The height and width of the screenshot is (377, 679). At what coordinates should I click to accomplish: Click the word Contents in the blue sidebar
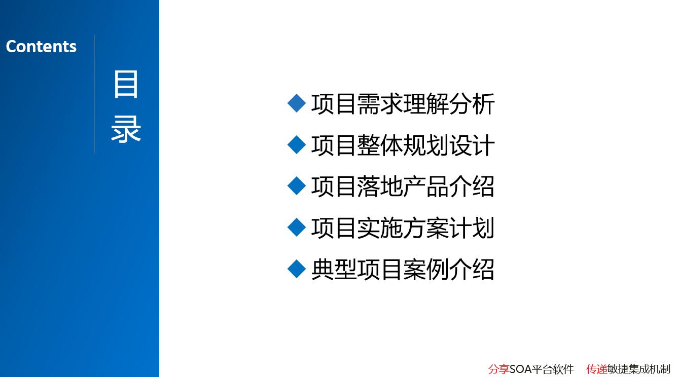pos(41,47)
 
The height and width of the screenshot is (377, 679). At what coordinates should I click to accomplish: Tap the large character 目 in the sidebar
pos(126,85)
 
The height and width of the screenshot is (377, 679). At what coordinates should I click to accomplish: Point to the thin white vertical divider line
pos(94,94)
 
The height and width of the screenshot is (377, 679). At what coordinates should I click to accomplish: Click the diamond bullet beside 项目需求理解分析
pos(296,103)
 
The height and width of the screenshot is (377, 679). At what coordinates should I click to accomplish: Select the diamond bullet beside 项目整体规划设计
pos(296,144)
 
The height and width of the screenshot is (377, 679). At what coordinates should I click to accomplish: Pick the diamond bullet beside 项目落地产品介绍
pos(296,186)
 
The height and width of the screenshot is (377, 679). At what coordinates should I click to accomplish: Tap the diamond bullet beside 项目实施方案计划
pos(296,227)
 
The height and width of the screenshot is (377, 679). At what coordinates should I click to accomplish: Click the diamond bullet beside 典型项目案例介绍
pos(296,269)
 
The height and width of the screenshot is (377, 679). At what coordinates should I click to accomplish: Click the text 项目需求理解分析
pos(403,104)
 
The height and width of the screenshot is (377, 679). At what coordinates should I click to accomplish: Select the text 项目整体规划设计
pos(403,145)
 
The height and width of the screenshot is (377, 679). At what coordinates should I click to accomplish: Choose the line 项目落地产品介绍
pos(403,186)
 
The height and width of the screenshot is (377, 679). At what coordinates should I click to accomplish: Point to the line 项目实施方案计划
pos(403,228)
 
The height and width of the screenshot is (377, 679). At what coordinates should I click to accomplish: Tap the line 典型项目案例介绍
pos(403,269)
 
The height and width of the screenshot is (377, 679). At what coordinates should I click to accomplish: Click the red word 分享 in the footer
pos(499,369)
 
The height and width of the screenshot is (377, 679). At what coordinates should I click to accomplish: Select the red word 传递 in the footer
pos(597,369)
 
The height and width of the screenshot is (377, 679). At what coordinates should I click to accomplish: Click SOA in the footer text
pos(520,369)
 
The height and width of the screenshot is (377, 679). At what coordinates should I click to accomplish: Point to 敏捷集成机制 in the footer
pos(639,369)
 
